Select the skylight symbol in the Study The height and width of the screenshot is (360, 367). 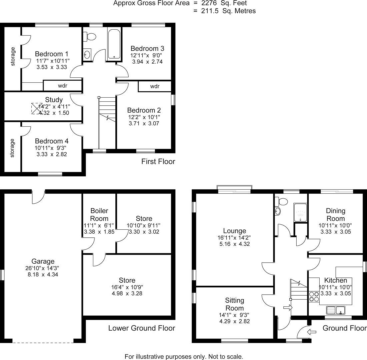click(37, 108)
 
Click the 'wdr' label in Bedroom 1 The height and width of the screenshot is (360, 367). click(63, 86)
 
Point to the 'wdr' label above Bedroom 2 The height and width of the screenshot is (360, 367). click(155, 86)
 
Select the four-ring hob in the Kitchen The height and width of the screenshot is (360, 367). click(314, 296)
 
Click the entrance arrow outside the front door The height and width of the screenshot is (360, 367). click(312, 332)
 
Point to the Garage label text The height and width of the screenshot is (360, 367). click(43, 261)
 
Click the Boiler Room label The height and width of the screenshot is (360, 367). click(99, 215)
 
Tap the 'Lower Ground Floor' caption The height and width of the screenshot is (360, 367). click(142, 328)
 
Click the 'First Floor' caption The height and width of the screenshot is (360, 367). click(158, 162)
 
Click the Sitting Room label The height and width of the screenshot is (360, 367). click(234, 304)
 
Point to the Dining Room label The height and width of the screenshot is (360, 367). click(335, 215)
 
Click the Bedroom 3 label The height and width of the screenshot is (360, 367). click(147, 48)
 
